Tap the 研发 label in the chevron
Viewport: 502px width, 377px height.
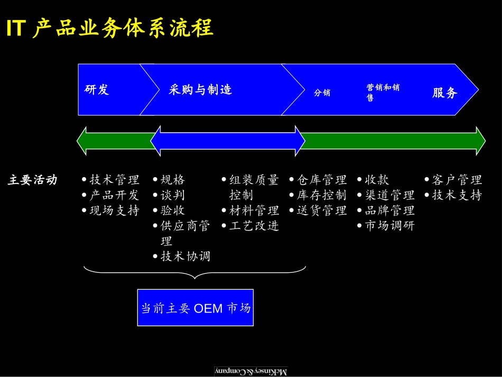(x=97, y=90)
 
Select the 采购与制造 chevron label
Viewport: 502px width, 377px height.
(x=200, y=90)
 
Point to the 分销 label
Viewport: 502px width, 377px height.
(x=322, y=93)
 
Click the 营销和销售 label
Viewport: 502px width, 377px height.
(x=383, y=92)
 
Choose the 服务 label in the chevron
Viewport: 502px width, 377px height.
(x=444, y=93)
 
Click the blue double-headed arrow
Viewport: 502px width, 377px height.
(x=227, y=141)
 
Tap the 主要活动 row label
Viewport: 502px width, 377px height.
(x=32, y=180)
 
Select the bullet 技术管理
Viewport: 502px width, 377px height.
(x=114, y=180)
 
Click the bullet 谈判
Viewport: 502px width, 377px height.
(x=173, y=195)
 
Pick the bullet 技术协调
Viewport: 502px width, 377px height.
(x=185, y=256)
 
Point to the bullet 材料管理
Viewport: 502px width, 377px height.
(x=254, y=210)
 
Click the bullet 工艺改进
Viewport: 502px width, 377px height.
(x=254, y=226)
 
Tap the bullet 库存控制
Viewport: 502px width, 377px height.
(x=321, y=195)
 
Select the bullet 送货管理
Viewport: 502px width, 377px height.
(x=321, y=210)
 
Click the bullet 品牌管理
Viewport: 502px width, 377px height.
(x=389, y=210)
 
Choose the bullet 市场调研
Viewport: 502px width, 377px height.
(x=389, y=226)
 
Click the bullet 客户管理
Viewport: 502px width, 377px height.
(x=457, y=180)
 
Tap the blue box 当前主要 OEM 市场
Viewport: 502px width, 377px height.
(x=196, y=308)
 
